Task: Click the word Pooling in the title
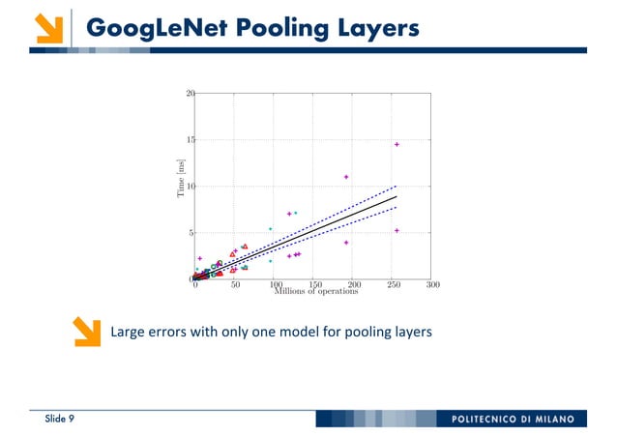tap(270, 29)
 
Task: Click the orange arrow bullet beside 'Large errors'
tap(88, 332)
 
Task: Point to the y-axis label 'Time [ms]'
tap(180, 181)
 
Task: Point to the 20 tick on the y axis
tap(190, 94)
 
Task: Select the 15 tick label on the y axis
tap(190, 140)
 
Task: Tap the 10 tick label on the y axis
tap(190, 187)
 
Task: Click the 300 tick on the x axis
tap(432, 286)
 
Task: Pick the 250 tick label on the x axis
tap(393, 286)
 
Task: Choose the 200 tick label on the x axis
tap(353, 286)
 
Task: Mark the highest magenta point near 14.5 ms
tap(397, 144)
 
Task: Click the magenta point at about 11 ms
tap(346, 177)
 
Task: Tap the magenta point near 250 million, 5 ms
tap(397, 230)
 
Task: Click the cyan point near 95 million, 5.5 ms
tap(271, 229)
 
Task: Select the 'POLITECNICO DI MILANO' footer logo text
tap(512, 419)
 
